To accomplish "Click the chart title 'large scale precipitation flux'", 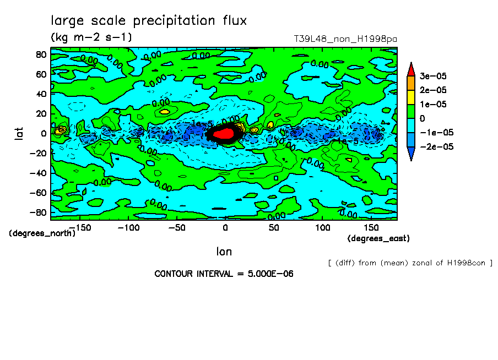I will [149, 21].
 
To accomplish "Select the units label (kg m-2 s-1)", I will [91, 37].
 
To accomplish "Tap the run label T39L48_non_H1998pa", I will [345, 39].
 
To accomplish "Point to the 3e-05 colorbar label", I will [434, 75].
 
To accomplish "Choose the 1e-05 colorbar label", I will [434, 103].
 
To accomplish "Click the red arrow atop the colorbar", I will [411, 69].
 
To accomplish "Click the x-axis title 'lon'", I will [224, 252].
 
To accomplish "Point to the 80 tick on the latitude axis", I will [41, 54].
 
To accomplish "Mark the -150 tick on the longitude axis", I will [80, 227].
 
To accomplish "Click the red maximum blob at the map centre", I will [223, 134].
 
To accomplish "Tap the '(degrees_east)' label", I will [378, 238].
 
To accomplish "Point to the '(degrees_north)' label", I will [42, 233].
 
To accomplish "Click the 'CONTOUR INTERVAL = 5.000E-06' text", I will [224, 274].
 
